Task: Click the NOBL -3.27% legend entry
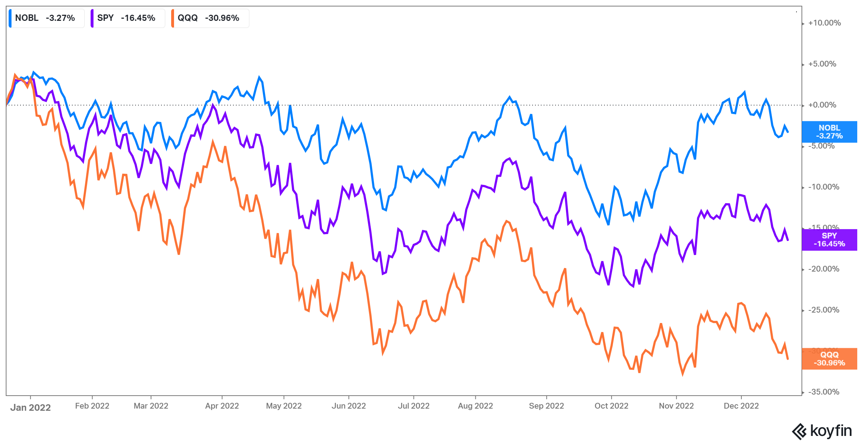pyautogui.click(x=46, y=18)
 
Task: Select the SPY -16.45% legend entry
pyautogui.click(x=127, y=18)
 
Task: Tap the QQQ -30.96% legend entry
pyautogui.click(x=209, y=18)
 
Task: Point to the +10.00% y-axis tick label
pyautogui.click(x=824, y=23)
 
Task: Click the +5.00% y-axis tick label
pyautogui.click(x=822, y=64)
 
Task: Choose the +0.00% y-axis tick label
pyautogui.click(x=822, y=105)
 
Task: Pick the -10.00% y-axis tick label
pyautogui.click(x=823, y=187)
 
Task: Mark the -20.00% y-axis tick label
pyautogui.click(x=823, y=269)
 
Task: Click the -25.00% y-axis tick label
pyautogui.click(x=823, y=310)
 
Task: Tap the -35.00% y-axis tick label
pyautogui.click(x=823, y=392)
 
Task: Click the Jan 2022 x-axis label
pyautogui.click(x=31, y=408)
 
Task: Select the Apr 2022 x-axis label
pyautogui.click(x=222, y=406)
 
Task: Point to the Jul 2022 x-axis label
pyautogui.click(x=414, y=406)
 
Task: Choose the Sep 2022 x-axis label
pyautogui.click(x=546, y=406)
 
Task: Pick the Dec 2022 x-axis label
pyautogui.click(x=741, y=406)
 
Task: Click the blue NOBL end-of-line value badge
pyautogui.click(x=829, y=132)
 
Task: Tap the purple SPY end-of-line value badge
pyautogui.click(x=829, y=240)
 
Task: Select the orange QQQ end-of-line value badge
pyautogui.click(x=829, y=359)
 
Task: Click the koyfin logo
pyautogui.click(x=822, y=431)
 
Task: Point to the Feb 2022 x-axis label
pyautogui.click(x=92, y=406)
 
